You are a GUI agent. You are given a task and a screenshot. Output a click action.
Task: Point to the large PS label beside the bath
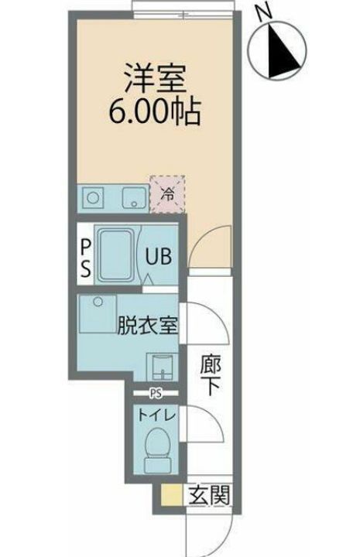tap(85, 257)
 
